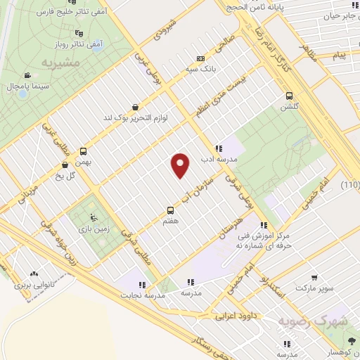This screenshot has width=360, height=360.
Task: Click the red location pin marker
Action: click(181, 165)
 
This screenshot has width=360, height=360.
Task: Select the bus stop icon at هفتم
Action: click(170, 210)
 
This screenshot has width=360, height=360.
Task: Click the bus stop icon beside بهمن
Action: click(84, 151)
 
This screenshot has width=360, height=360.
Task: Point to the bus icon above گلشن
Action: click(288, 96)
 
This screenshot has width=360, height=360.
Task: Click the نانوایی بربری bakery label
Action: click(33, 286)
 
